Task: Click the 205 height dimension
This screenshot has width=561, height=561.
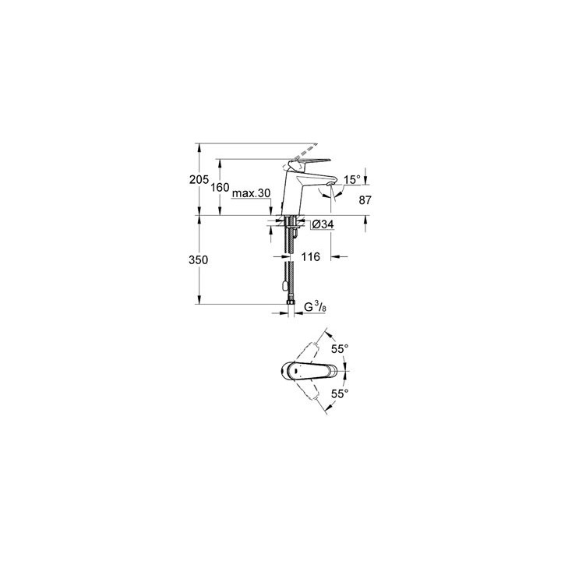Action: click(199, 179)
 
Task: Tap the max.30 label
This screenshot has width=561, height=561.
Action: click(250, 193)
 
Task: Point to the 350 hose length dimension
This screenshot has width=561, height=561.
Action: click(199, 261)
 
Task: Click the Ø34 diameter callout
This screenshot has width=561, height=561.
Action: click(323, 225)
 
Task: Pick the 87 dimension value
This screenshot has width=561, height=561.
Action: click(365, 200)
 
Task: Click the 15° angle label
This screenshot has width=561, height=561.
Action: click(352, 180)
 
